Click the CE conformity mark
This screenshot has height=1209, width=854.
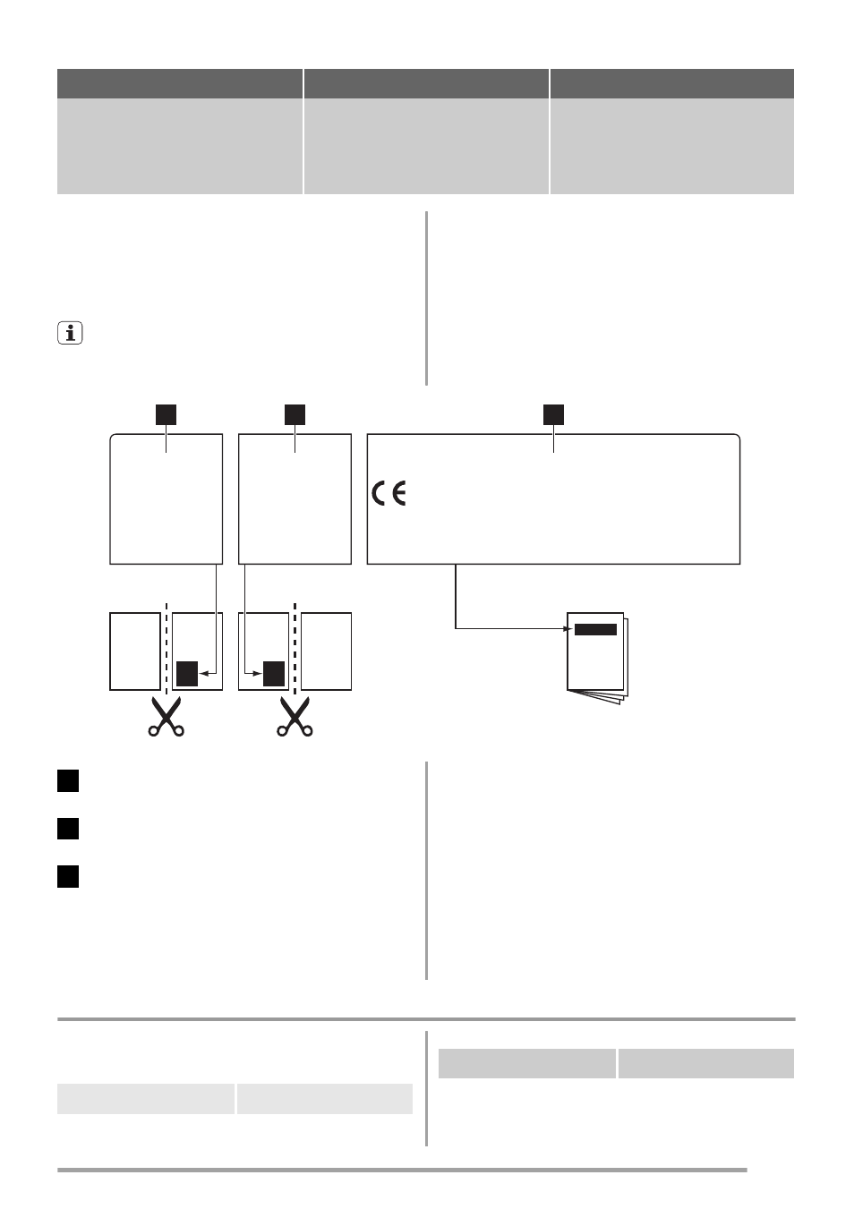[x=389, y=493]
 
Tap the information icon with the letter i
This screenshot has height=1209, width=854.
[x=70, y=333]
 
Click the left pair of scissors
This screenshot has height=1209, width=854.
[x=167, y=716]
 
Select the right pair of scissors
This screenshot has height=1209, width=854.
[x=295, y=716]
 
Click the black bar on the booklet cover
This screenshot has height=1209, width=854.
[x=595, y=629]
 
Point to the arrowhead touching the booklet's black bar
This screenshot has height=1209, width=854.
[x=568, y=629]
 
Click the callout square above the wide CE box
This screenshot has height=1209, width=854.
[x=553, y=414]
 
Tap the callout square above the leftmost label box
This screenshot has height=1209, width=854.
[x=166, y=414]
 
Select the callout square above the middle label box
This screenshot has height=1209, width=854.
[x=295, y=414]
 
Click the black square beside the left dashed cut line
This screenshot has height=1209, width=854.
[x=187, y=674]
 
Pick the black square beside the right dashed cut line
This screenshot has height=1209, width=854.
[x=274, y=674]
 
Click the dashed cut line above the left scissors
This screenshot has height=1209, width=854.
[x=167, y=649]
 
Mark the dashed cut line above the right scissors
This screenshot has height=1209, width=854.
[x=295, y=649]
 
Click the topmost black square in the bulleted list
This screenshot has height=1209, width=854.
[x=68, y=781]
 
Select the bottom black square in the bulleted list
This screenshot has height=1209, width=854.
[x=68, y=876]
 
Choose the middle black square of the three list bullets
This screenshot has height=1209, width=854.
[x=68, y=829]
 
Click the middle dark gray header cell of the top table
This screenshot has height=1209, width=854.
[x=426, y=83]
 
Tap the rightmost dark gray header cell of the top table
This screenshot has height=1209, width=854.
[x=672, y=83]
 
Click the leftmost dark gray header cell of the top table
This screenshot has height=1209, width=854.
[x=180, y=83]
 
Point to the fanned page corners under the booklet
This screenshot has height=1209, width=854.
[x=598, y=697]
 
